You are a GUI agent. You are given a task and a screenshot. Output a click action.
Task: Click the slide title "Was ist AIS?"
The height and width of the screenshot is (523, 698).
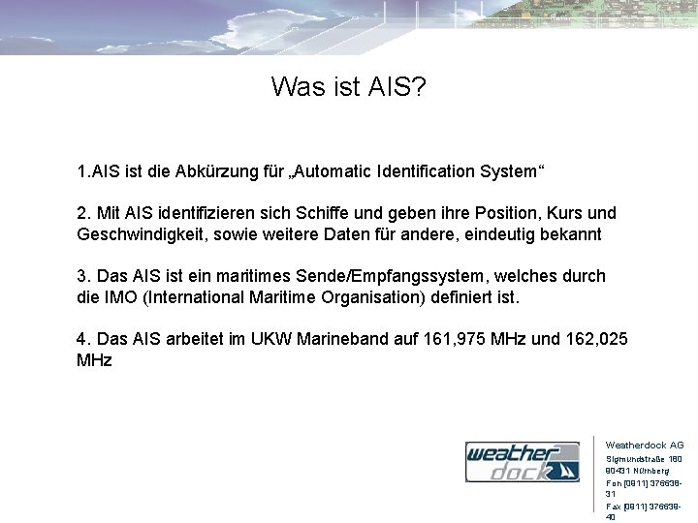click(x=348, y=88)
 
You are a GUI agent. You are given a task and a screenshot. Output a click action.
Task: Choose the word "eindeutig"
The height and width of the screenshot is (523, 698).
click(x=505, y=234)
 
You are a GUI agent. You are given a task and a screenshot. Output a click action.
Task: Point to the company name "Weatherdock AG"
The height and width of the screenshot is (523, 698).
click(x=644, y=446)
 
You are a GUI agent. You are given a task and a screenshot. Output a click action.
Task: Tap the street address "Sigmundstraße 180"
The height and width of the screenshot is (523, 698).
click(x=644, y=459)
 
